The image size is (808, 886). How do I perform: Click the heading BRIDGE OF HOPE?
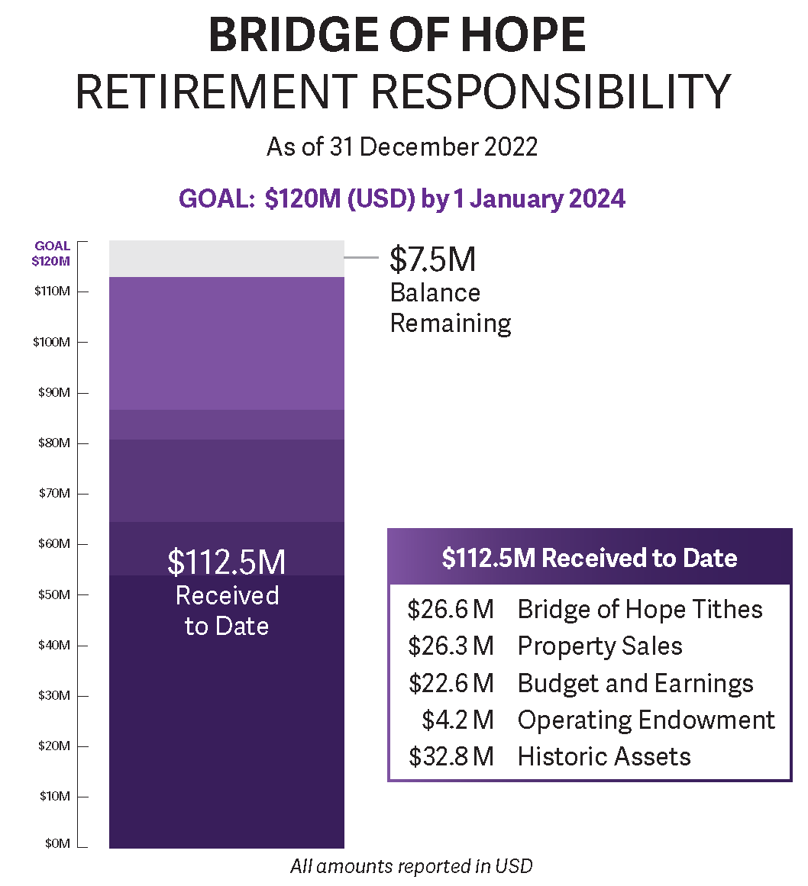click(x=396, y=35)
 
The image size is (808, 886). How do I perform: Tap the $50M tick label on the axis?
click(x=53, y=594)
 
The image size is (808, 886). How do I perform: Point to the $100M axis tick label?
click(x=51, y=342)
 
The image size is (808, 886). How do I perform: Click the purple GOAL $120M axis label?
click(x=52, y=253)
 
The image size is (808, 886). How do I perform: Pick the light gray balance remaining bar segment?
click(x=226, y=259)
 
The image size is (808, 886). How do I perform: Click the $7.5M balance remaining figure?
click(x=432, y=259)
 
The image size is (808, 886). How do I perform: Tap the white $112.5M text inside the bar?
click(x=226, y=562)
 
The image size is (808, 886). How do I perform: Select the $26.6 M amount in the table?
click(x=451, y=610)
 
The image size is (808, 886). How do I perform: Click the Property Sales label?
click(x=600, y=646)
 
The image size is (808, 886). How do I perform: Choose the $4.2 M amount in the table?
click(x=457, y=720)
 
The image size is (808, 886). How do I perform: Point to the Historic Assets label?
click(x=603, y=756)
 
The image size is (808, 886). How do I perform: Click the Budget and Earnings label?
click(x=635, y=683)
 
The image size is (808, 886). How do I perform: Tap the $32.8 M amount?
click(x=451, y=756)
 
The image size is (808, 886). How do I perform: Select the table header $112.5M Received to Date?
click(x=589, y=558)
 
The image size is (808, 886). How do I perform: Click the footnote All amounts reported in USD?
click(x=411, y=866)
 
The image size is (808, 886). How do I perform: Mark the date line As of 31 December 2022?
click(x=402, y=147)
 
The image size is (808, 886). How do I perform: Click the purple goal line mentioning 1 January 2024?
click(x=402, y=198)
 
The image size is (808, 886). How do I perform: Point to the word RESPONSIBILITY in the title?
click(x=551, y=92)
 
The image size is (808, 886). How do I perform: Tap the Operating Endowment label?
click(x=646, y=720)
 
